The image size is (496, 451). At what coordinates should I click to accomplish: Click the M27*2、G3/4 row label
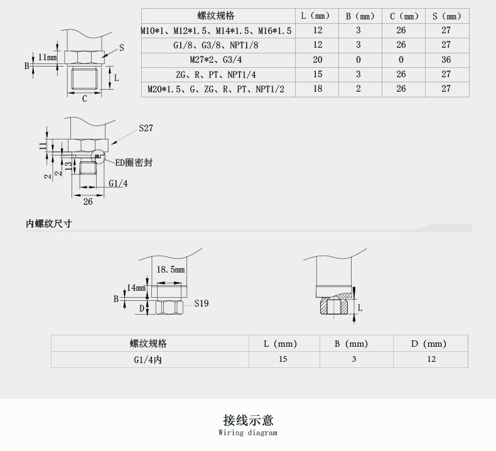(x=215, y=60)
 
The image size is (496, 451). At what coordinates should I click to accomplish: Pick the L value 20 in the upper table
(x=317, y=60)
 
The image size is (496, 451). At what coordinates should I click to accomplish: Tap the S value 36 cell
(x=446, y=60)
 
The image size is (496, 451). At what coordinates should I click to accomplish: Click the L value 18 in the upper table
(x=317, y=89)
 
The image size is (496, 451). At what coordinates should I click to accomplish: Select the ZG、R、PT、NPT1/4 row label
(x=215, y=75)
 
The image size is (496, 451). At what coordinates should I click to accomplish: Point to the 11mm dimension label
(x=47, y=57)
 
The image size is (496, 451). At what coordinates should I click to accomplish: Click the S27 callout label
(x=146, y=128)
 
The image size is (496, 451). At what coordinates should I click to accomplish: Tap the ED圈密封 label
(x=132, y=163)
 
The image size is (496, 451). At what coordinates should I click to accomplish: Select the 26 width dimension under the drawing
(x=88, y=202)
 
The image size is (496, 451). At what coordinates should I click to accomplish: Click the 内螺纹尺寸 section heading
(x=48, y=224)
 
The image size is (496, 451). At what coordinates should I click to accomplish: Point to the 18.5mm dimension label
(x=170, y=269)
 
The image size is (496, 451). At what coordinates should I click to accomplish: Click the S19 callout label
(x=201, y=303)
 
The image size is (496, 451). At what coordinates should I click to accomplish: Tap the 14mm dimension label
(x=136, y=288)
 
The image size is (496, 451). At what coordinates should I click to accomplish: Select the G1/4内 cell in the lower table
(x=148, y=359)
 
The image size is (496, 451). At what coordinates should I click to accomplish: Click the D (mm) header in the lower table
(x=429, y=344)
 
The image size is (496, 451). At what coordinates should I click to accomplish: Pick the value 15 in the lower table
(x=283, y=359)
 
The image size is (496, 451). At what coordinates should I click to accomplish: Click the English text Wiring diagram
(x=248, y=433)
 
